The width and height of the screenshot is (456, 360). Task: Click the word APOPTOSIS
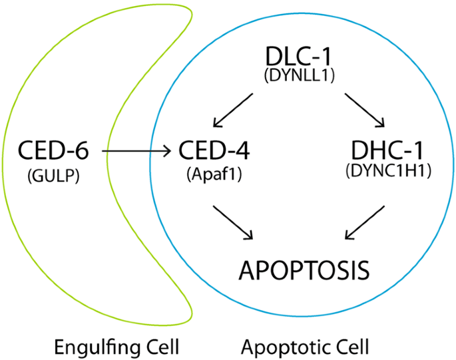coord(304,271)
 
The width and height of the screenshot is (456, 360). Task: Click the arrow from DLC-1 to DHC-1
coord(365,111)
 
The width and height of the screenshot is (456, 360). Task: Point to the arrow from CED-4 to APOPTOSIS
coord(233,222)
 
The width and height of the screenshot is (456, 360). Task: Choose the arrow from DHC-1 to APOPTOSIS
coord(365,222)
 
